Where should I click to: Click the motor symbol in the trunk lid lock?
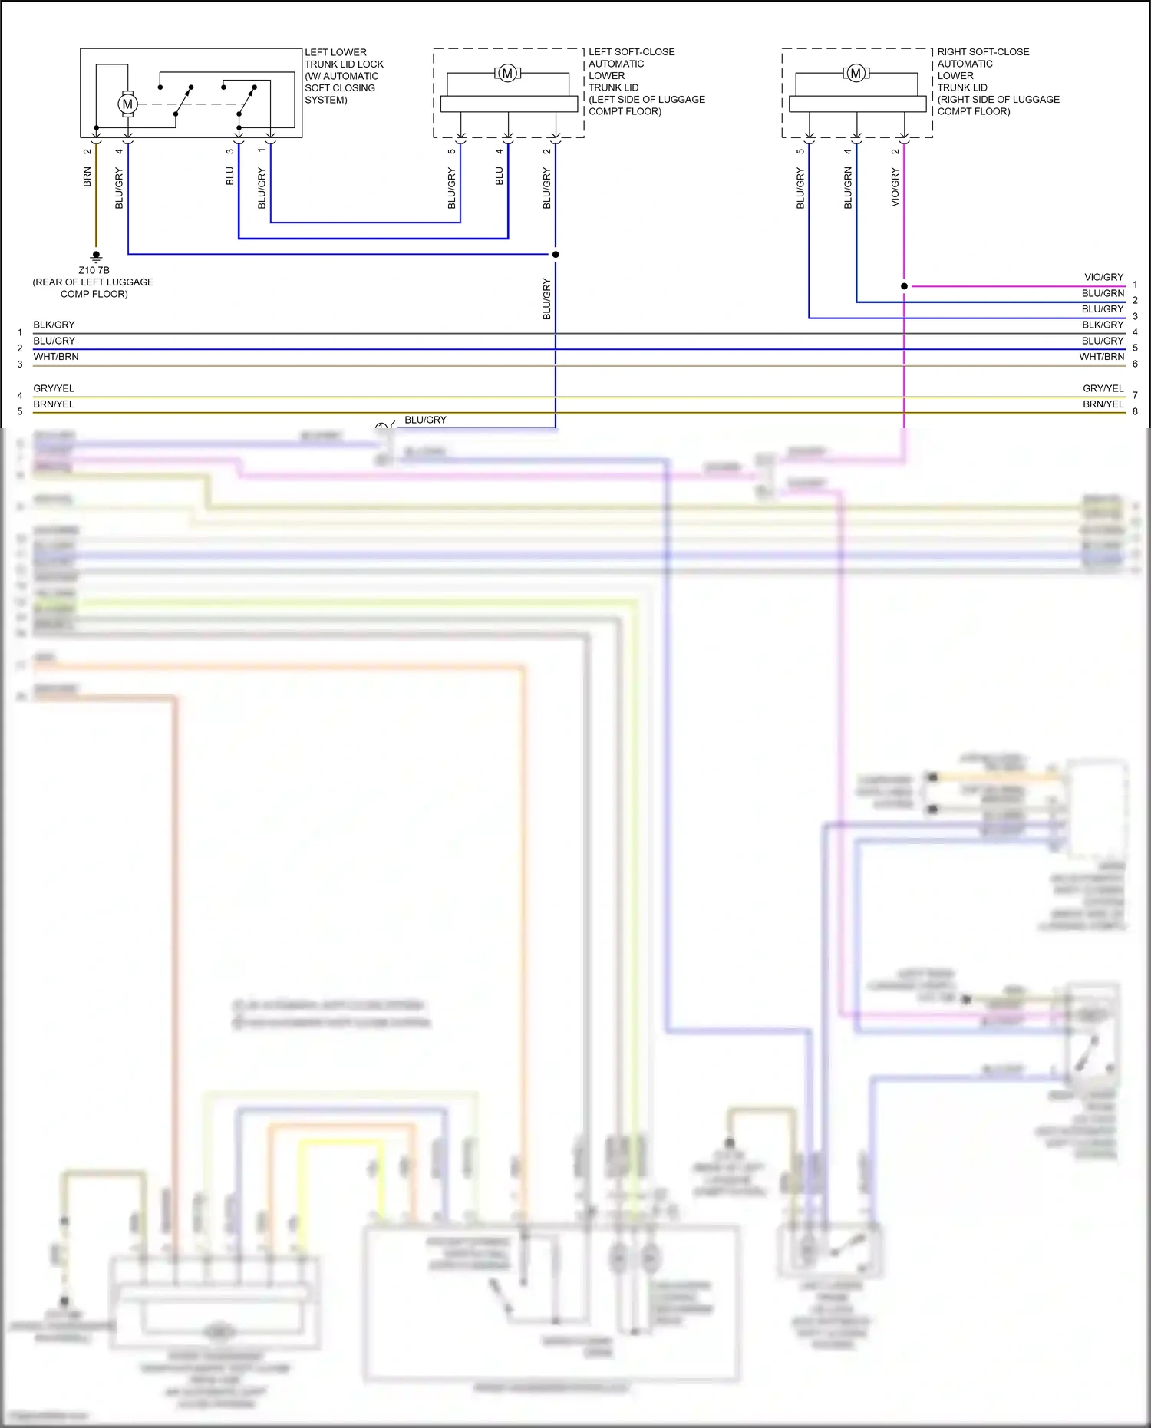(127, 104)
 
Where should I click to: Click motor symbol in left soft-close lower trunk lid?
(507, 74)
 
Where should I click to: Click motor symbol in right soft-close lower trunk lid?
(856, 74)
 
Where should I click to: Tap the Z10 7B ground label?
(94, 270)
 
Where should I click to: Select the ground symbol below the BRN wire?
(96, 256)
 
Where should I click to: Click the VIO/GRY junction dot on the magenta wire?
(904, 286)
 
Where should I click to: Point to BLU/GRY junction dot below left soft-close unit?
(556, 254)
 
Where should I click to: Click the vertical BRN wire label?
(87, 178)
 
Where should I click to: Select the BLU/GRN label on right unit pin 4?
(848, 188)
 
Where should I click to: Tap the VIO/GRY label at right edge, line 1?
(1103, 277)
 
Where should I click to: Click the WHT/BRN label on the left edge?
(56, 357)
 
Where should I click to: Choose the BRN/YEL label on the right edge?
(1103, 404)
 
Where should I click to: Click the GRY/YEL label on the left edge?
(54, 388)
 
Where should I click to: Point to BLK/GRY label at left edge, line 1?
(54, 325)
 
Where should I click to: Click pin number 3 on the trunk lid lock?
(229, 151)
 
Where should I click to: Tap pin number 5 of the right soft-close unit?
(800, 151)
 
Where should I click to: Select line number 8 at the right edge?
(1135, 411)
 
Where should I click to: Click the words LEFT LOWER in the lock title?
(335, 52)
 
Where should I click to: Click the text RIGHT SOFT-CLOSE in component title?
(983, 52)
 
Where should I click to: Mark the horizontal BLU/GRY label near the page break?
(425, 420)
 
